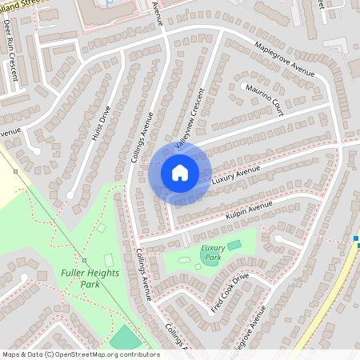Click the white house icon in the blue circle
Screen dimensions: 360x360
(x=180, y=172)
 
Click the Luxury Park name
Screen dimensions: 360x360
(x=212, y=253)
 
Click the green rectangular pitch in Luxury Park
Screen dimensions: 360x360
(x=234, y=245)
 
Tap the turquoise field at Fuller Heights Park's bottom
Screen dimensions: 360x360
(x=124, y=338)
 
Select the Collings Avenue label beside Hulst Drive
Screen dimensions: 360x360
(x=142, y=136)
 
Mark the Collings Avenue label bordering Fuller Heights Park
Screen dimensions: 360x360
(x=144, y=273)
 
